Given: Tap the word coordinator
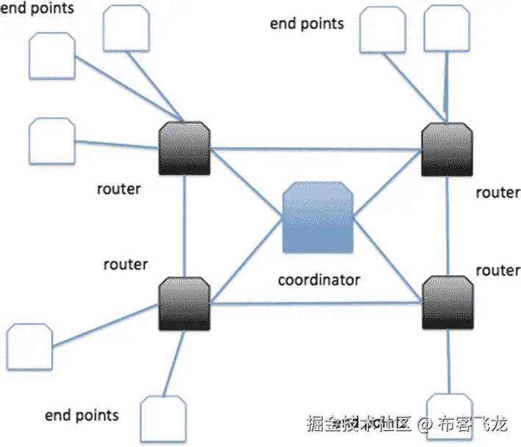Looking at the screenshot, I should coord(319,280).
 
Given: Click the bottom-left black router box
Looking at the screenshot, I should coord(184,303).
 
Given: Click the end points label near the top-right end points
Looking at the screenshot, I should coord(306,24).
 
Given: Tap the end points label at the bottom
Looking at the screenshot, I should coord(82,415).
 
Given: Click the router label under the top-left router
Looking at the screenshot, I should coord(118,189).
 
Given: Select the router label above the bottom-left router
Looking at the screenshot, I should coord(126,264).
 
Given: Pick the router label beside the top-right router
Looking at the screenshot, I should coord(497,193).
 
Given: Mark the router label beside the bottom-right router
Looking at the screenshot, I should coord(497,271).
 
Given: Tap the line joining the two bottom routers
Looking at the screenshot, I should coord(316,302).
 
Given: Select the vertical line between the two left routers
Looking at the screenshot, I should coord(184,226).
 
